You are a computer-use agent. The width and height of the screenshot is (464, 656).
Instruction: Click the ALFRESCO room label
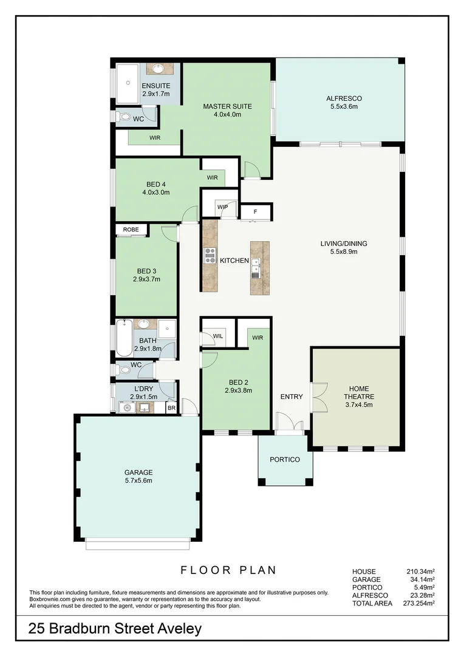point(344,98)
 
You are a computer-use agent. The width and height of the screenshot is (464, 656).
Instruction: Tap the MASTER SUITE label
point(227,106)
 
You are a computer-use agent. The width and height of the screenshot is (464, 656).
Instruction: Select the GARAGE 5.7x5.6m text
point(138,476)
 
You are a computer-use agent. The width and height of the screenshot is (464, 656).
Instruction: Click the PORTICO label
point(285,460)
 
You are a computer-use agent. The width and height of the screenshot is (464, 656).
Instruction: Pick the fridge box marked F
point(256,212)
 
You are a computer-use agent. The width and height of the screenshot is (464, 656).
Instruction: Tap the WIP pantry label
point(222,207)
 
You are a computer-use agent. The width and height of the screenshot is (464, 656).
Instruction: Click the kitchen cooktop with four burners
point(210,255)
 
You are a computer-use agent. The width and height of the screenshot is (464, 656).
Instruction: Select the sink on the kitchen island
point(257,265)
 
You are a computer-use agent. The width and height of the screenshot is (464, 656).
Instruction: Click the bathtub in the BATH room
point(124,337)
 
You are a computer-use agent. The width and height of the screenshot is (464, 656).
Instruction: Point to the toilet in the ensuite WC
point(125,118)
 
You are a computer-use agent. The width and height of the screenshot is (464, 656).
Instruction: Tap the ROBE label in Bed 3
point(131,230)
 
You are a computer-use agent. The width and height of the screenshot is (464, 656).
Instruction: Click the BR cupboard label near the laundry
point(171,408)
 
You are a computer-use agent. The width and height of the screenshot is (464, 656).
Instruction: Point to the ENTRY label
point(291,397)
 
